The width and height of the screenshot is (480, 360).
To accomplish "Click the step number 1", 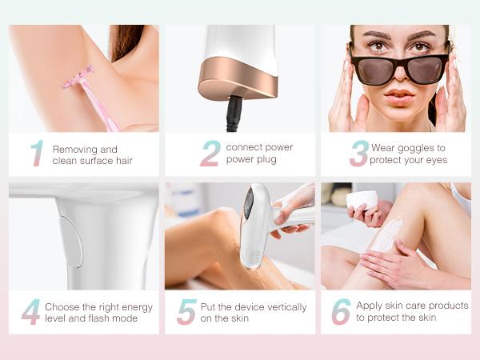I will click(37, 154).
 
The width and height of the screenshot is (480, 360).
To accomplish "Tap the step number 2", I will click(210, 154).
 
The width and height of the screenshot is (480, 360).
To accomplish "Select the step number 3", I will click(359, 154).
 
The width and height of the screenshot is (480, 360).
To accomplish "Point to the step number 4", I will click(30, 312).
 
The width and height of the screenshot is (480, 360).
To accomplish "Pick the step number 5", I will click(186, 312).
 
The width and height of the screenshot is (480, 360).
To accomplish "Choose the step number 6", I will click(341, 312).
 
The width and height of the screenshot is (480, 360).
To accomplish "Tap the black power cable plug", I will click(234, 112).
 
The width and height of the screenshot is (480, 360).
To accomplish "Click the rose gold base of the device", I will click(238, 85).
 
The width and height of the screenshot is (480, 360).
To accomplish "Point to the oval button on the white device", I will click(72, 242).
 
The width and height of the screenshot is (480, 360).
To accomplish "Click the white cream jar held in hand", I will click(362, 199).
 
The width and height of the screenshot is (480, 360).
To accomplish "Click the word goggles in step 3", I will click(417, 148).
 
